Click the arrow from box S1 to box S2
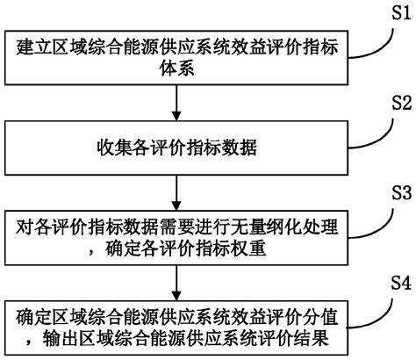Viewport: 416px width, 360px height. (179, 104)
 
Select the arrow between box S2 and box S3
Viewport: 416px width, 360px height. (179, 194)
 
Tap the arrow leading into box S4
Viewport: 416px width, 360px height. (179, 284)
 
